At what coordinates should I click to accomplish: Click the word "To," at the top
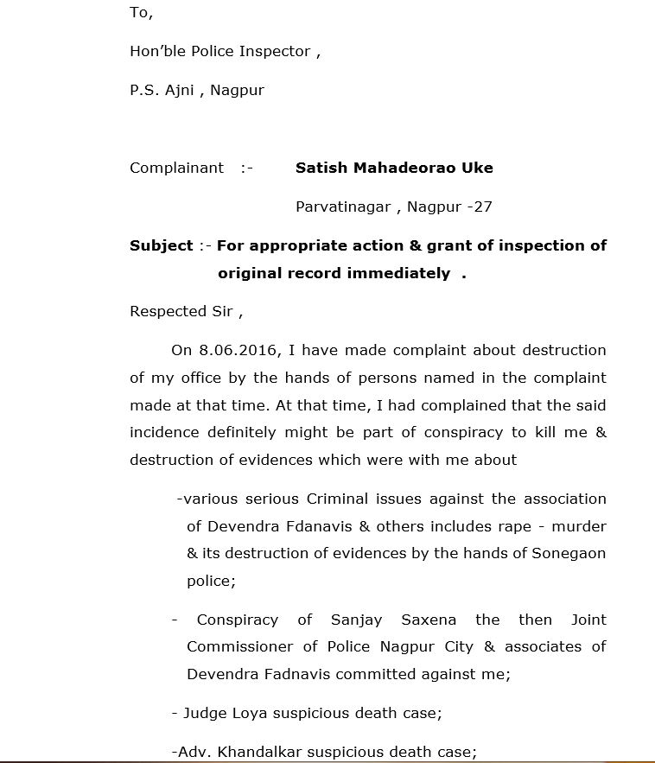(x=141, y=12)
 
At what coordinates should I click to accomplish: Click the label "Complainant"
(x=176, y=168)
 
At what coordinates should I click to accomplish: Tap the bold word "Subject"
(x=162, y=245)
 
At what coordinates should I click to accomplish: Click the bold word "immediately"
(x=398, y=273)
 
